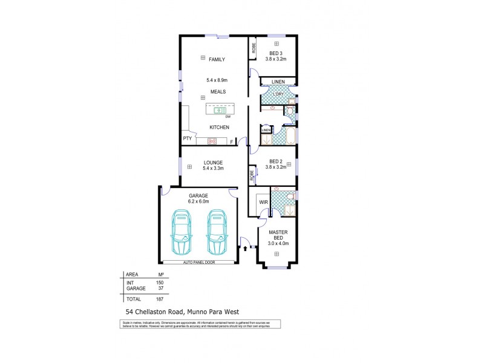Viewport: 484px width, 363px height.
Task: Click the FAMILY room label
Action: pos(217,59)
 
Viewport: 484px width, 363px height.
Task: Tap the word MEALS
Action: pos(218,91)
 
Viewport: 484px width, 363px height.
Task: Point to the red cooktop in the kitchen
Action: pos(212,141)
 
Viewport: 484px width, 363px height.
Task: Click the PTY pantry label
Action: pos(187,139)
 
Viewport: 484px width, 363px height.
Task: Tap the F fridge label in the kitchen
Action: pos(232,141)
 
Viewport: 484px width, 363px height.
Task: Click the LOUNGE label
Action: pos(213,162)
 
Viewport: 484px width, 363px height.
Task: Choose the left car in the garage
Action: pos(181,234)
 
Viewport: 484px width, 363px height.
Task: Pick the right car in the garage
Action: pos(216,234)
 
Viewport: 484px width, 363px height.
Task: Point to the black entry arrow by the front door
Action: pos(245,247)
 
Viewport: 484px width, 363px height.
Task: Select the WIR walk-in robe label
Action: pos(263,201)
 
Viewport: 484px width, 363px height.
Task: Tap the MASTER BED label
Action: pos(278,235)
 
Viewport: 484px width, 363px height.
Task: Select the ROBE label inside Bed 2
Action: pos(251,175)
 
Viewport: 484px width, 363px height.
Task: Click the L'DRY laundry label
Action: pos(279,95)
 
